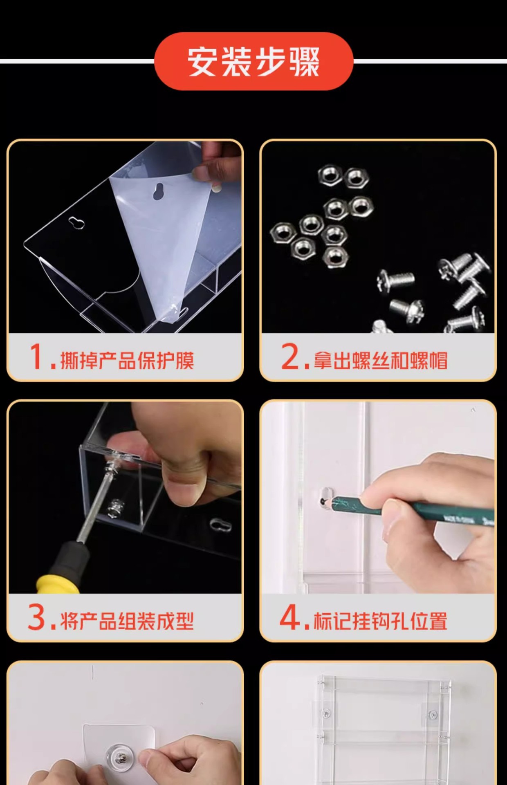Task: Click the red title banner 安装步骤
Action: (253, 61)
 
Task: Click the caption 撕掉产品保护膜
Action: (127, 360)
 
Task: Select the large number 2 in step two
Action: (291, 357)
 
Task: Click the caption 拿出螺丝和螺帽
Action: (380, 360)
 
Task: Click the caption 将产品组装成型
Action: (127, 621)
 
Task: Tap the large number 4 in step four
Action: (290, 617)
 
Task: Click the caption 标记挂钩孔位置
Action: (380, 621)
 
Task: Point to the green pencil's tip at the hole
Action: (323, 499)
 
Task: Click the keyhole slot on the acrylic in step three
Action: (221, 525)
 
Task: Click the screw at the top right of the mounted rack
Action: (432, 715)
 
